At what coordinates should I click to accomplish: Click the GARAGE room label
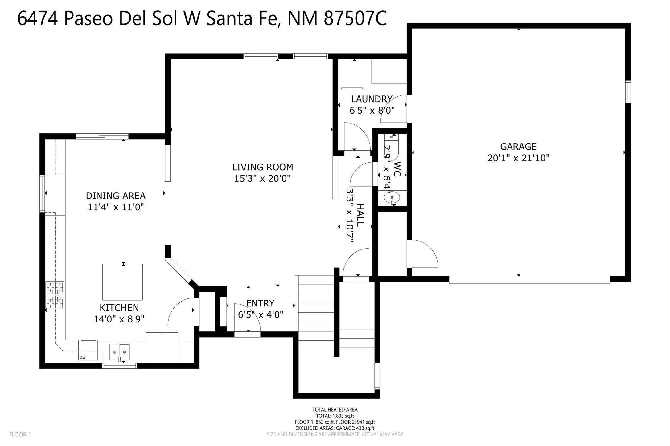(518, 147)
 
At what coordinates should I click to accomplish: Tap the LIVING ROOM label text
(262, 167)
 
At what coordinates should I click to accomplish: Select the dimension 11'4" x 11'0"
(116, 207)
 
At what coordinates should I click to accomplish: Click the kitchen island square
(122, 282)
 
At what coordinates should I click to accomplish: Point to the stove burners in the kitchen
(55, 295)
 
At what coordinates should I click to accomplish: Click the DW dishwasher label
(83, 357)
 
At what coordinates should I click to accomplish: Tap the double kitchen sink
(120, 352)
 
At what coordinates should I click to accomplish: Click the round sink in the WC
(392, 197)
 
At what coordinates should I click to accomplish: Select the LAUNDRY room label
(372, 99)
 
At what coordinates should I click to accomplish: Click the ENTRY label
(260, 303)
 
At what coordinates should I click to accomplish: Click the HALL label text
(360, 215)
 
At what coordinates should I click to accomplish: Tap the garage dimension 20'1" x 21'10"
(518, 158)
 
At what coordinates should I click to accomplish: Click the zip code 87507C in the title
(355, 19)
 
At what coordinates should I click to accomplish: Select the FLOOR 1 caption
(20, 435)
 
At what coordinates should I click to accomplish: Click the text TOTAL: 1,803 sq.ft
(335, 416)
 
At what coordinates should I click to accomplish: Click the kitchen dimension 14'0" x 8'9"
(119, 319)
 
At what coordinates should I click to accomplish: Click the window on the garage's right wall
(628, 91)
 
